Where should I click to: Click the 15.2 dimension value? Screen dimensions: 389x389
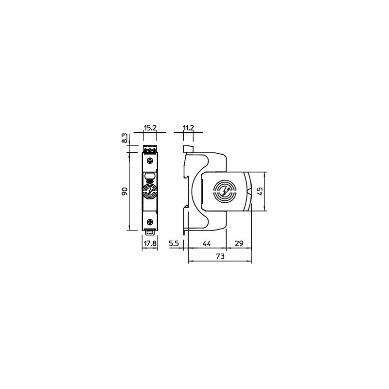[150, 128]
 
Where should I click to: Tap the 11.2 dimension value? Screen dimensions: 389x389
[188, 128]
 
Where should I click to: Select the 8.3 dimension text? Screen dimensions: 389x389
[125, 138]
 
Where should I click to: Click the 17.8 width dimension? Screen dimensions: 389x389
[150, 244]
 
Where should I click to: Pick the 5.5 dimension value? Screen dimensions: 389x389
[174, 244]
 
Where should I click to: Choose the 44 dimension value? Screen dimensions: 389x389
[207, 244]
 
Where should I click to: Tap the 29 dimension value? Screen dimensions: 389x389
[239, 244]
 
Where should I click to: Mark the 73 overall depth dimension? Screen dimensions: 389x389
[220, 256]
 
